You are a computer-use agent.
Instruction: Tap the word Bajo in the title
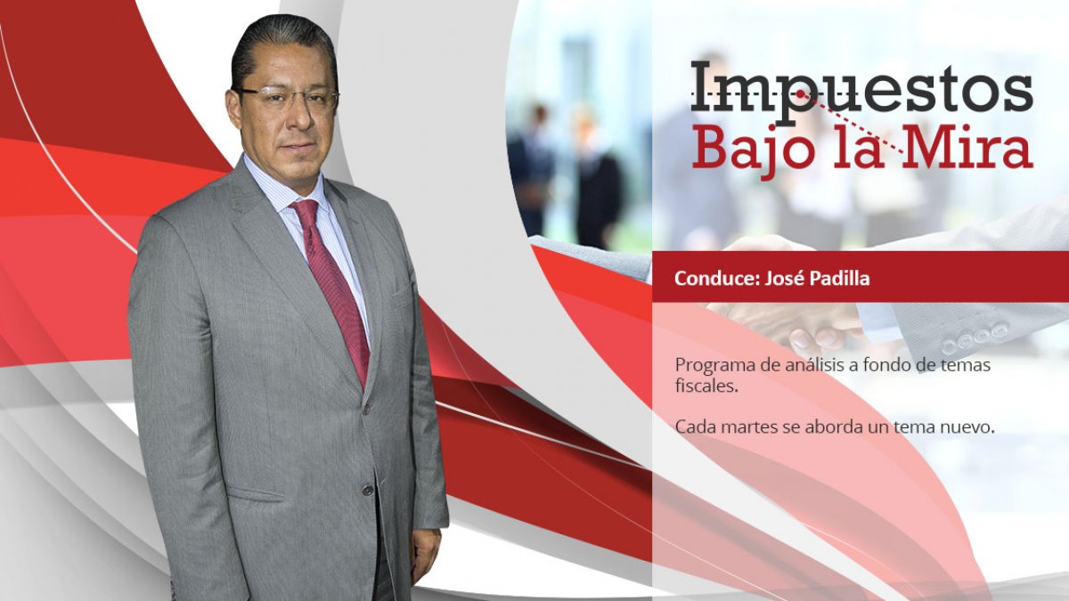point(756,149)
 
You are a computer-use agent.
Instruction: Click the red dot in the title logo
point(800,94)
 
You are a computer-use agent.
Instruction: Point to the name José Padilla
point(817,279)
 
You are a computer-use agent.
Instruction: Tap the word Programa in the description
point(714,366)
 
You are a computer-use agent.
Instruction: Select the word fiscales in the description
point(706,386)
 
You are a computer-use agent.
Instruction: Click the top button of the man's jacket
point(367,409)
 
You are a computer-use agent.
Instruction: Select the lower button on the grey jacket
point(367,490)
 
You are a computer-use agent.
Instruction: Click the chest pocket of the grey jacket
point(402,293)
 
